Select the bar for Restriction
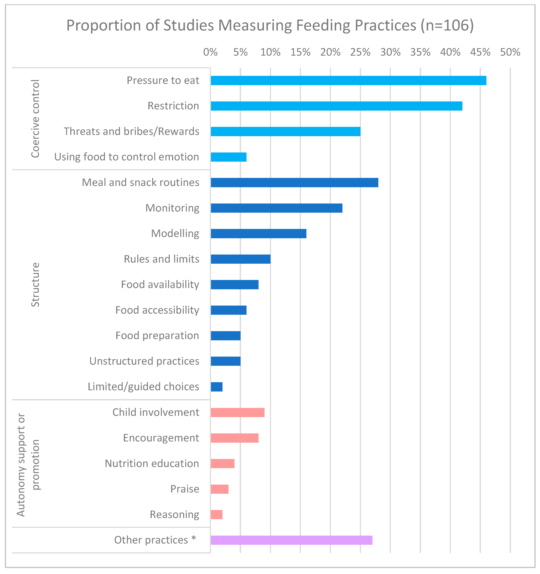[x=336, y=106]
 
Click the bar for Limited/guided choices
[x=217, y=387]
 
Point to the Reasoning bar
[x=217, y=515]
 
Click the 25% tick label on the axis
[x=360, y=52]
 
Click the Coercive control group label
[x=35, y=119]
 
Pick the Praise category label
[x=185, y=489]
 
